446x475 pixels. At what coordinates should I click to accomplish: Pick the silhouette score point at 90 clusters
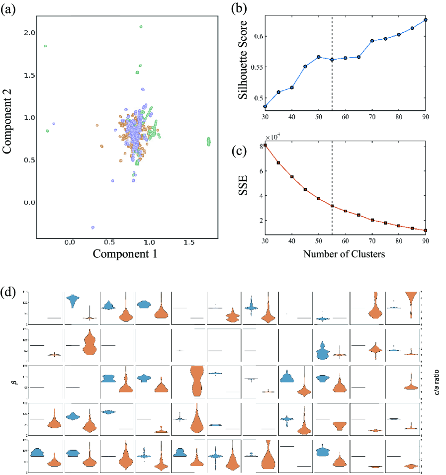tap(426, 20)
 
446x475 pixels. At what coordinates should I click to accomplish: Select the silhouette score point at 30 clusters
tap(265, 106)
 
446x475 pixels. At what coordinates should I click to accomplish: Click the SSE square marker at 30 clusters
tap(265, 145)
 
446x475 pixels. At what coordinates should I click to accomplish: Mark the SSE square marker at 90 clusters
tap(426, 231)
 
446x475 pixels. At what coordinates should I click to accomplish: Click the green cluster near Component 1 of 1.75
tap(209, 142)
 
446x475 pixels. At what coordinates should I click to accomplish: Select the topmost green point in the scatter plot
tap(141, 26)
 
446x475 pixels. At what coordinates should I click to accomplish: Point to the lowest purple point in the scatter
tap(92, 228)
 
